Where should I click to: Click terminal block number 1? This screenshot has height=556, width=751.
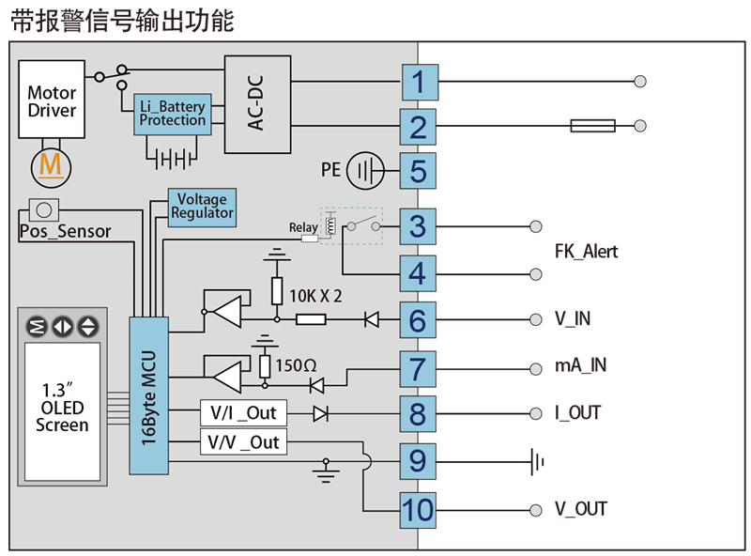(419, 83)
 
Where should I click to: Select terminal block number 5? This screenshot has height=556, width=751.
(419, 172)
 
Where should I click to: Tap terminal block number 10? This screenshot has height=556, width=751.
(419, 509)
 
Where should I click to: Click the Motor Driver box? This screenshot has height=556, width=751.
(52, 101)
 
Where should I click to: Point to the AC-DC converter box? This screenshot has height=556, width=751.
(257, 104)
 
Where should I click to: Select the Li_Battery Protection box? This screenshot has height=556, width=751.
(172, 115)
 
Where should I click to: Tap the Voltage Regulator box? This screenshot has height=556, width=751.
(202, 207)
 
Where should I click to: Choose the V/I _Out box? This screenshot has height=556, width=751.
(243, 413)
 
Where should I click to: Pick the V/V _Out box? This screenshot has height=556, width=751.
(243, 442)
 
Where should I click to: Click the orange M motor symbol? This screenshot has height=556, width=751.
(52, 166)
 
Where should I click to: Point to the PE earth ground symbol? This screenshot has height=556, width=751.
(366, 171)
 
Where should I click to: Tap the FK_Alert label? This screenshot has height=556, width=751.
(586, 252)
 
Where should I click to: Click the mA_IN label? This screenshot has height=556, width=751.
(580, 366)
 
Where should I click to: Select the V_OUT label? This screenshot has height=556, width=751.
(580, 509)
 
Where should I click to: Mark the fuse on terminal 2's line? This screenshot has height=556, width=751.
(592, 126)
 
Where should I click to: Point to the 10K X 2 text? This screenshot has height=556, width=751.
(315, 296)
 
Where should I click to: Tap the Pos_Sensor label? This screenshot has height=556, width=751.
(65, 231)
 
